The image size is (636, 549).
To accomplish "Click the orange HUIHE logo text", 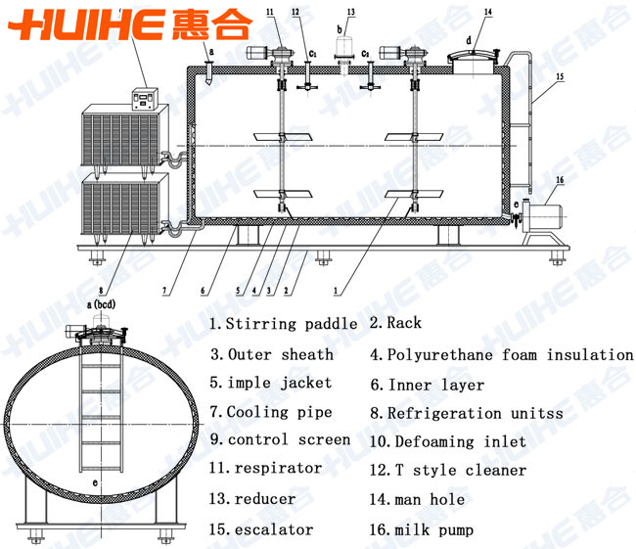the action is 87,24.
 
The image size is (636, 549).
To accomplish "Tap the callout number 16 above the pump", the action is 560,180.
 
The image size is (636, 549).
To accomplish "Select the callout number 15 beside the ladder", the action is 560,76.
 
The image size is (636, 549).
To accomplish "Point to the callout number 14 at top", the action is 488,12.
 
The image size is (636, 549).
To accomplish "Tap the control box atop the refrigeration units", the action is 145,99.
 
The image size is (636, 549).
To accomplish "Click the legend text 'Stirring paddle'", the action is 292,324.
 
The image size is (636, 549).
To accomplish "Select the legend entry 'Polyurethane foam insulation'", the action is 510,354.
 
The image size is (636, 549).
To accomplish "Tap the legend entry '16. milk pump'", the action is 422,530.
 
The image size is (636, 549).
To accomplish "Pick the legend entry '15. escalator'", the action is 261,529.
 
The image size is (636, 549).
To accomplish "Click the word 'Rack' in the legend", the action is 404,323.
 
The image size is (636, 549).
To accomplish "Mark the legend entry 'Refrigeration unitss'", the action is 476,413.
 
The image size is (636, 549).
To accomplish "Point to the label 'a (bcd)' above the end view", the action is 101,304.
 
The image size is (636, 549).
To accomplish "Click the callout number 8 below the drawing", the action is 101,290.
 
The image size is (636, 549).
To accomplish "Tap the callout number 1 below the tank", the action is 336,291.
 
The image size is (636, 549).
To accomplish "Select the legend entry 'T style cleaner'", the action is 461,471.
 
